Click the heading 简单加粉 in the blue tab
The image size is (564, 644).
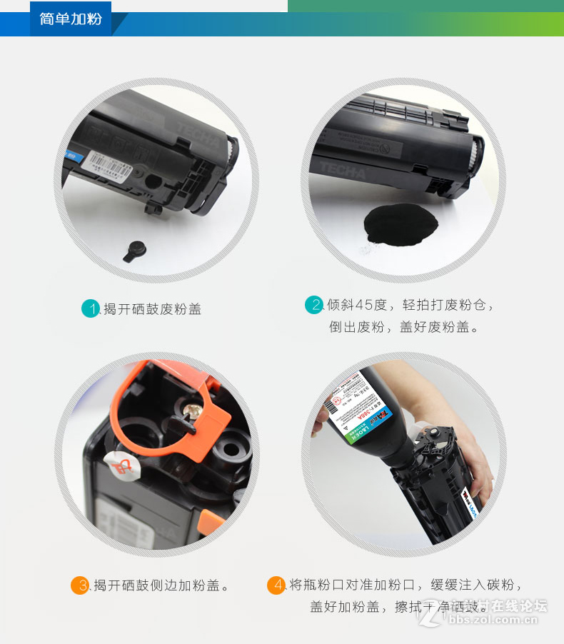pos(71,19)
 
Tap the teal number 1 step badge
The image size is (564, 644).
pos(90,308)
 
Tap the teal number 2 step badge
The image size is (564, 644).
pos(313,305)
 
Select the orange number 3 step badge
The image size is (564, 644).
pos(79,585)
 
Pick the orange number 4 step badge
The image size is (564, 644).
pos(276,585)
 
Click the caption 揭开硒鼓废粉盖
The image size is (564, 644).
pos(153,309)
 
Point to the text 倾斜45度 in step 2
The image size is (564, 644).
pos(357,305)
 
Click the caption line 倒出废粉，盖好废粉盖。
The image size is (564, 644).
pos(403,327)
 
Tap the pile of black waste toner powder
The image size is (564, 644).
pos(402,222)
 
